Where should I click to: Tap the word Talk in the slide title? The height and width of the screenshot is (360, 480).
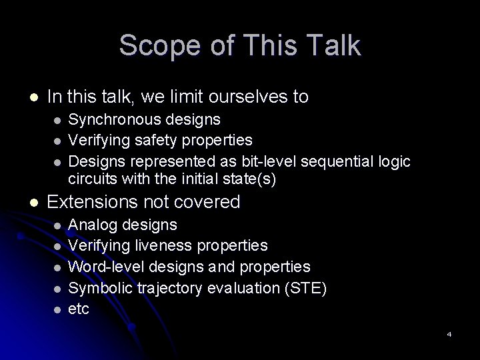tap(331, 46)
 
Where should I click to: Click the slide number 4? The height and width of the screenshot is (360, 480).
tap(449, 333)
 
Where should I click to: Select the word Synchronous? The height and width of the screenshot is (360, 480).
tap(113, 120)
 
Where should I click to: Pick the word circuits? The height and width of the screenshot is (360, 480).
tap(92, 178)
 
